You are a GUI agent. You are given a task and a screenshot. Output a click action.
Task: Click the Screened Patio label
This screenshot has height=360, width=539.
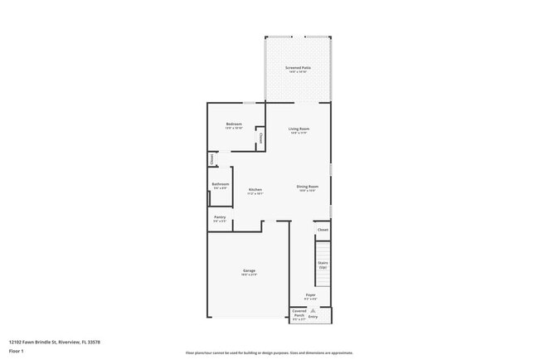tap(297, 68)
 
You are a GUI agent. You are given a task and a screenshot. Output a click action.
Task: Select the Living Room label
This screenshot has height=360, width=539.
tap(299, 129)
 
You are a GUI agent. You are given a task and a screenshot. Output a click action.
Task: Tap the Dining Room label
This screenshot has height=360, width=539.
tap(308, 187)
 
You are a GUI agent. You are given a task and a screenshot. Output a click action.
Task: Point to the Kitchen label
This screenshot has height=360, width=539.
tap(255, 190)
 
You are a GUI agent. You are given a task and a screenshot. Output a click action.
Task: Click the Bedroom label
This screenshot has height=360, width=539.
tap(234, 125)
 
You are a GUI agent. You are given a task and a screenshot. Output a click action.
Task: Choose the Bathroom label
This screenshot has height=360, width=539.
tap(221, 185)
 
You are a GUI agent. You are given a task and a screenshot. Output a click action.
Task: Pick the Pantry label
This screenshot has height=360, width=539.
tap(220, 218)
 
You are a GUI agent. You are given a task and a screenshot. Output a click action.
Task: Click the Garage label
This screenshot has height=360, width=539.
tap(249, 272)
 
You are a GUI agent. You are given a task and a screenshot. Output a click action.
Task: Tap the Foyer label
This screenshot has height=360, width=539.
tap(310, 295)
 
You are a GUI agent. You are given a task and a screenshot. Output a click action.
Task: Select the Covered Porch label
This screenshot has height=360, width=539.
tap(299, 314)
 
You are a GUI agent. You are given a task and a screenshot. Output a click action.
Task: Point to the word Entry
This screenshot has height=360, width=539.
tap(313, 316)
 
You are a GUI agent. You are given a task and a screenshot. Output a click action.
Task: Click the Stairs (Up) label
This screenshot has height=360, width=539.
tap(323, 265)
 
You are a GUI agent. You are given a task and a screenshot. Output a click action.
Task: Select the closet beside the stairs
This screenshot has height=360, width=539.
tap(323, 229)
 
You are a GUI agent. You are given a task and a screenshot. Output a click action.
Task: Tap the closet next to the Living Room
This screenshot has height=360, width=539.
tap(260, 137)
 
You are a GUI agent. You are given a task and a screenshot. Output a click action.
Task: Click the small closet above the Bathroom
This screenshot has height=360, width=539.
tap(211, 158)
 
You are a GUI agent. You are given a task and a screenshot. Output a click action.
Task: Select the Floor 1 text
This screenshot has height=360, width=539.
tap(17, 351)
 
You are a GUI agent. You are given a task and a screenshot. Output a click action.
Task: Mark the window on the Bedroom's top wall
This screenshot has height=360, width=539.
tap(248, 103)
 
